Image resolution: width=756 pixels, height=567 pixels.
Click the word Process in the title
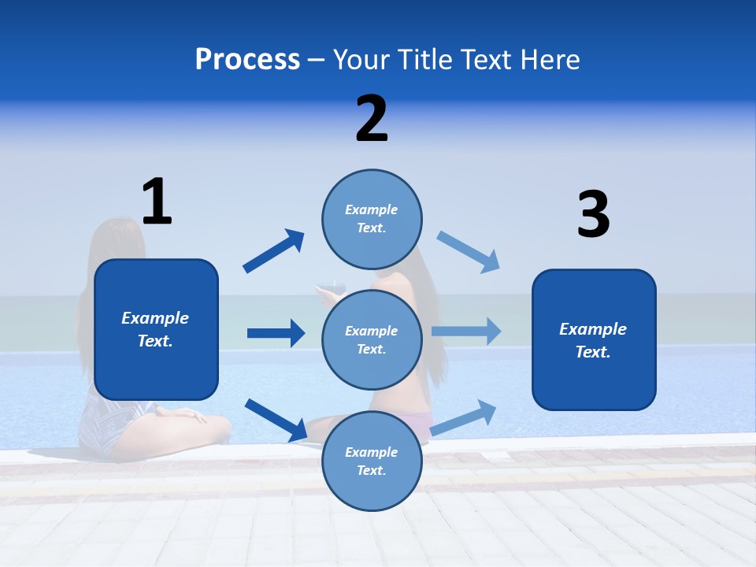click(247, 60)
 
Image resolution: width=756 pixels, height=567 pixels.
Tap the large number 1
click(157, 202)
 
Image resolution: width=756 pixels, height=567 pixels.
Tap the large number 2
click(372, 119)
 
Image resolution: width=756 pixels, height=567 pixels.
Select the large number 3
click(593, 214)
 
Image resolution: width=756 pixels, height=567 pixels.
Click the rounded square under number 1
click(156, 329)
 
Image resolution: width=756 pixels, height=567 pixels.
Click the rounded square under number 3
click(594, 339)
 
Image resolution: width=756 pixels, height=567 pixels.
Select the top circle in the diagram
click(372, 219)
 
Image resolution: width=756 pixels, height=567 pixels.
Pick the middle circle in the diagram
click(372, 339)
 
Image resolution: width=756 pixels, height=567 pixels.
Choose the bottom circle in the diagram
click(372, 461)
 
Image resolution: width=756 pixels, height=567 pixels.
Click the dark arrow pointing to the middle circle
click(276, 333)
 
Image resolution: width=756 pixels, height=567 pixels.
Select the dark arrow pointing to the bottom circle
click(276, 420)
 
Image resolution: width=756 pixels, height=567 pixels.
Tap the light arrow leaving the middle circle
click(466, 332)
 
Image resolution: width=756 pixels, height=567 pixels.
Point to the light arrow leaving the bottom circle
click(464, 417)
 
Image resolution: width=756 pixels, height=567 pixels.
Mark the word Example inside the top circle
click(372, 209)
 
